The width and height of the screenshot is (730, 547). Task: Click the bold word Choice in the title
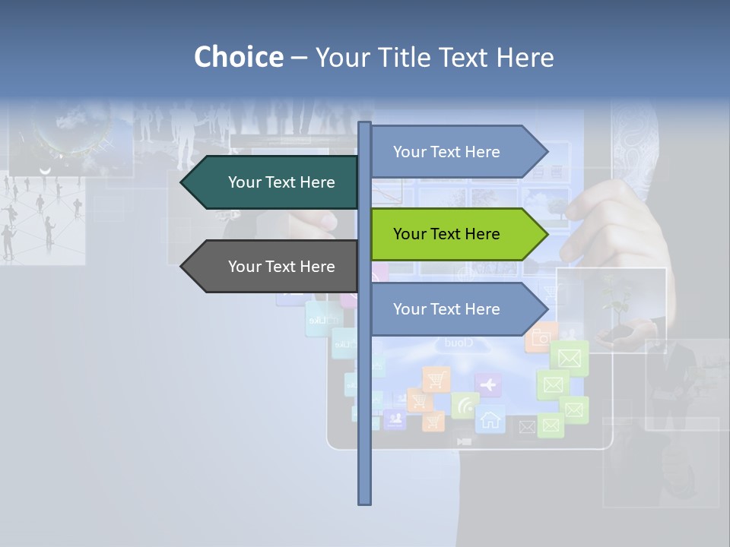tap(238, 57)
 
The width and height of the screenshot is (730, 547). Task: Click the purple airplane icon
tap(488, 385)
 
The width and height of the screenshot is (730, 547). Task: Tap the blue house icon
tap(490, 419)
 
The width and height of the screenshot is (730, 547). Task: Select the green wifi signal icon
tap(464, 406)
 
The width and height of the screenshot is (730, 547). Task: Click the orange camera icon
tap(541, 337)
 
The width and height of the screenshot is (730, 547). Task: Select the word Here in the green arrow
tap(482, 234)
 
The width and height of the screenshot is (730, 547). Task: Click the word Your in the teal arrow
tap(244, 182)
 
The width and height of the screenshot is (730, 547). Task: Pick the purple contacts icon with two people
tap(394, 418)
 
